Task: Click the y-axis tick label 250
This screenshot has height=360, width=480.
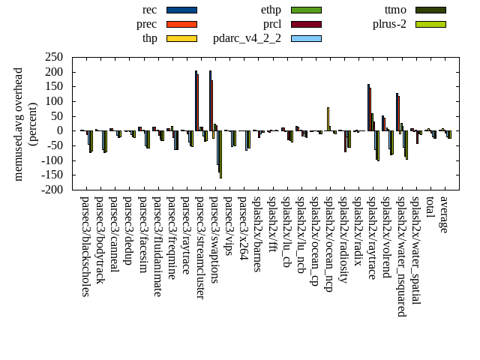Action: click(54, 57)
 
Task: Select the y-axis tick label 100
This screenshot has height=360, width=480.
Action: click(54, 101)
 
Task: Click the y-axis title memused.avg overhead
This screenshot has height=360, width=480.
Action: click(19, 123)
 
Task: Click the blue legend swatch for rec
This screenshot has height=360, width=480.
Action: click(181, 10)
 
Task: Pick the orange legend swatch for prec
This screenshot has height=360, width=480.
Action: click(181, 24)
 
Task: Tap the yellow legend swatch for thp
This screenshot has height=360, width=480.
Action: click(181, 38)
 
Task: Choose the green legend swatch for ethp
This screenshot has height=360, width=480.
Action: click(306, 10)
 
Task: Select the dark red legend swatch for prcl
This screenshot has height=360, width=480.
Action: click(306, 24)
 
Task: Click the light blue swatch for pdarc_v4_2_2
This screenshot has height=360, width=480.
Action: click(306, 38)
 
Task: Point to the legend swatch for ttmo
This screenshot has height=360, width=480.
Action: click(430, 10)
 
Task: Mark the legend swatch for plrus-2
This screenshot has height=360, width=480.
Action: click(430, 24)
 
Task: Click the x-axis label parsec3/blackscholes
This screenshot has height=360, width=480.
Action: click(85, 246)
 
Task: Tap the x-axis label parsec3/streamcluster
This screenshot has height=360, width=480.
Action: click(199, 247)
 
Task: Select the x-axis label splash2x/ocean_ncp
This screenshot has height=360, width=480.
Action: click(328, 244)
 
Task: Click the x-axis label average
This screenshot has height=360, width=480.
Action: click(443, 214)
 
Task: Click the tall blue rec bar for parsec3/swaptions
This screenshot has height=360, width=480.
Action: click(210, 100)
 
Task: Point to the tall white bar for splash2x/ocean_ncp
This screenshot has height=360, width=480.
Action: click(328, 118)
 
